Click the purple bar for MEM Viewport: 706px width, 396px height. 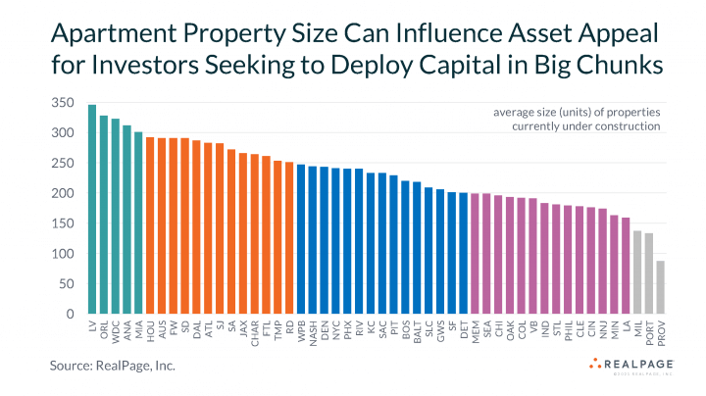[x=475, y=254]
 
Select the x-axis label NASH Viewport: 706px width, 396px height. [x=313, y=335]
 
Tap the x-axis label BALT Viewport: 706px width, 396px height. [x=417, y=334]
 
